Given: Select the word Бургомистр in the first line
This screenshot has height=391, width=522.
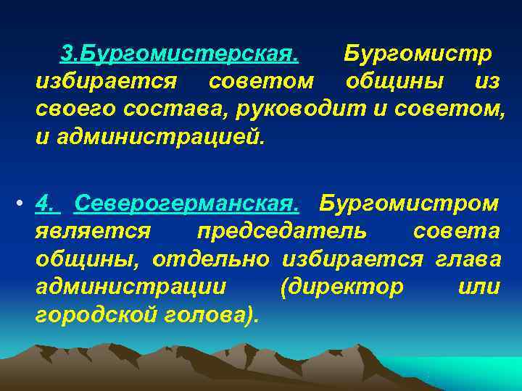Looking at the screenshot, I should (418, 54).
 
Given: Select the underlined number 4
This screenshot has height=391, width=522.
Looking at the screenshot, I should (47, 204).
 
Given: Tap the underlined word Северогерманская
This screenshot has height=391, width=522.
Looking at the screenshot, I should (186, 204).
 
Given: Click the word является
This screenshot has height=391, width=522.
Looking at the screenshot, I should (93, 232).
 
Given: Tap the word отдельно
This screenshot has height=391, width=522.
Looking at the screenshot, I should (210, 259).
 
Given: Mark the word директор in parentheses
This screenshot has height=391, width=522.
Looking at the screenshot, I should (341, 287).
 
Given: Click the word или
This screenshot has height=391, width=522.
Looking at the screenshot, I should (478, 287).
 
